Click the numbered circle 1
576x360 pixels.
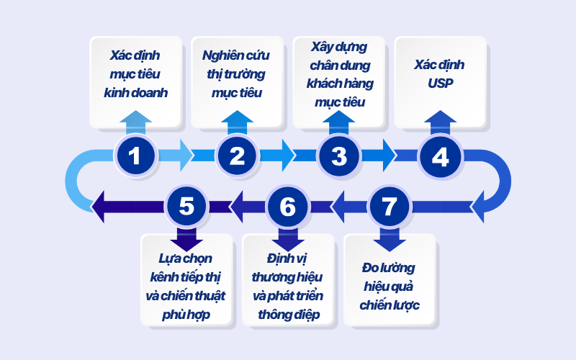tap(135, 156)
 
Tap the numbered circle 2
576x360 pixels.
tap(238, 156)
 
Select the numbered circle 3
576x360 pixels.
tap(339, 156)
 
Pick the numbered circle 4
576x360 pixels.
tap(441, 156)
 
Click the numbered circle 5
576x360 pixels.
tap(186, 207)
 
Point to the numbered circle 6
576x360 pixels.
tap(288, 207)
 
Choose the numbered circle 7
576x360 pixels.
tap(390, 207)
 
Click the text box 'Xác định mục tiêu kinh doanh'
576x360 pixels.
tap(135, 73)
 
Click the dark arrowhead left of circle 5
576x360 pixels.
tap(101, 207)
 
